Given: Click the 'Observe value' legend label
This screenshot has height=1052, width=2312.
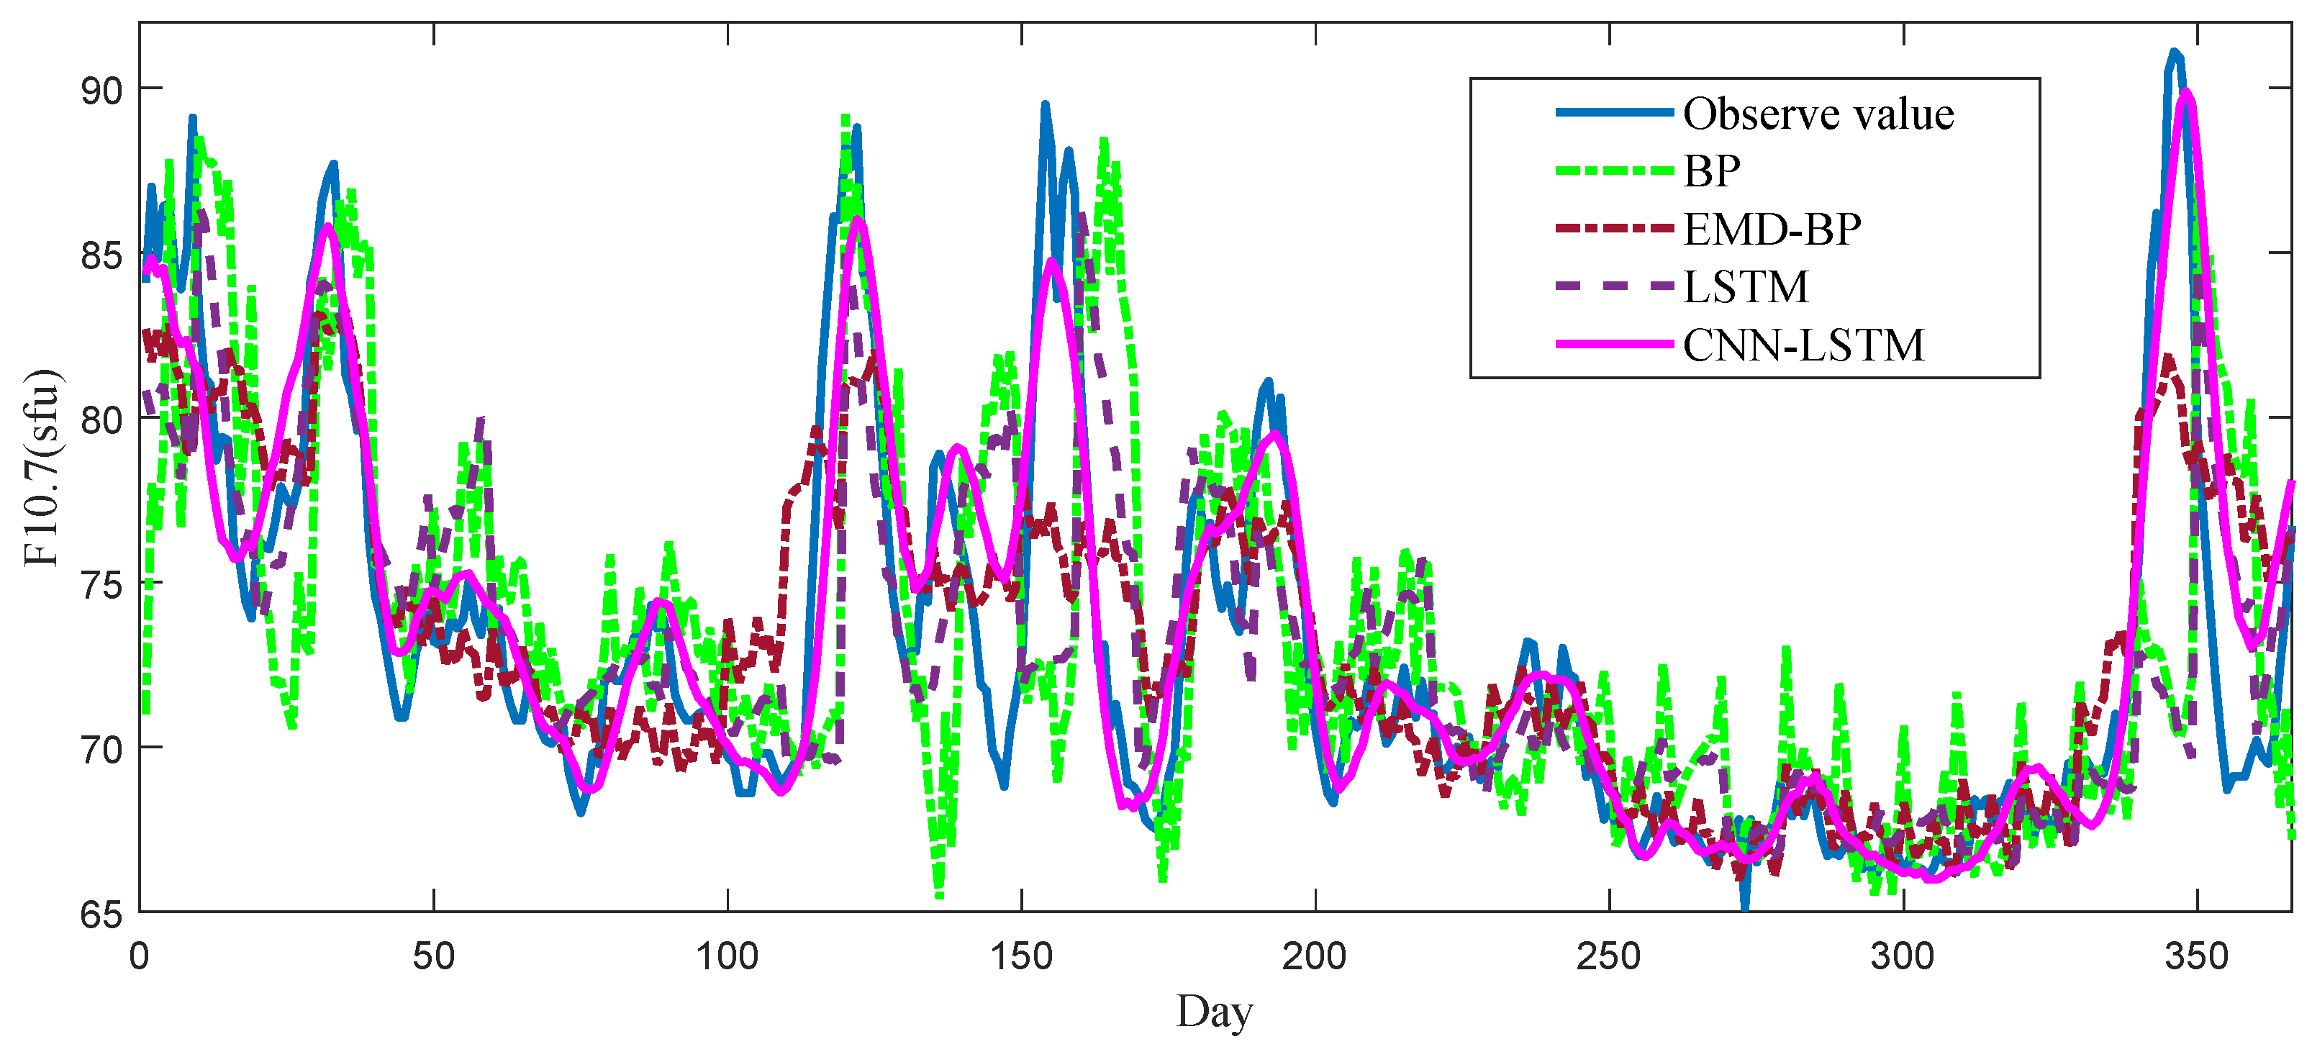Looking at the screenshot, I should (x=1818, y=114).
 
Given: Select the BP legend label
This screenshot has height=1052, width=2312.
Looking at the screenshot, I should (x=1712, y=171).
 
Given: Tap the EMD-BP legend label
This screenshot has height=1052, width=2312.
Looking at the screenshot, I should (x=1772, y=229).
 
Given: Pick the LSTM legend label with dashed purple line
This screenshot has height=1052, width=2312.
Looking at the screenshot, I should (x=1746, y=286).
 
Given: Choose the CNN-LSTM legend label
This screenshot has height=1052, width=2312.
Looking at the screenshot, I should (x=1803, y=345).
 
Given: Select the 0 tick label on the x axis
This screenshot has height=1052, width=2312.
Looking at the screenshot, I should (x=139, y=957).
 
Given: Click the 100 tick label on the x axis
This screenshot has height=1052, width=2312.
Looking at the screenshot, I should (x=727, y=957).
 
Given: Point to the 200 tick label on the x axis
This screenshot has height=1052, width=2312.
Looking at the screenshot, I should (x=1315, y=957).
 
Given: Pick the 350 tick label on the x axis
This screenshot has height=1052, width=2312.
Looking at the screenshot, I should (x=2196, y=957).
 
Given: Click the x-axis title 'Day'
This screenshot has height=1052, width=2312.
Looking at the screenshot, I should (x=1215, y=1012).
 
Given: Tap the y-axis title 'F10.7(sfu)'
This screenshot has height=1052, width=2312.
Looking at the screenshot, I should (x=41, y=467).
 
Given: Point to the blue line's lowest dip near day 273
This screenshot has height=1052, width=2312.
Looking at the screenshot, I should (x=1745, y=907).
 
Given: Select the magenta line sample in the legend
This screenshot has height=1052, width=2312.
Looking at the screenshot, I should (x=1614, y=345).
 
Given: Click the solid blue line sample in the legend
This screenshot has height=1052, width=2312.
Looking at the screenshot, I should (x=1614, y=113).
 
